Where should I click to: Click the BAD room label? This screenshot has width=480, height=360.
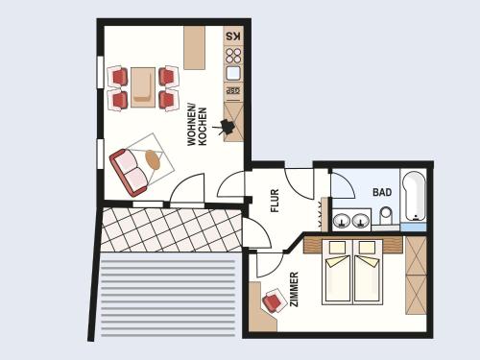point(382,192)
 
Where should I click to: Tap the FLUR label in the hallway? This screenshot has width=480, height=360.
point(275,201)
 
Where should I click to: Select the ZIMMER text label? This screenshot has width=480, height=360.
point(294,289)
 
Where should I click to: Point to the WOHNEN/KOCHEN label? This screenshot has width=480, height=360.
point(197,127)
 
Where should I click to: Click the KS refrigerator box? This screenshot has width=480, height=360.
point(233,36)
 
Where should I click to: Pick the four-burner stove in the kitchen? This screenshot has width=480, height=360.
point(233,56)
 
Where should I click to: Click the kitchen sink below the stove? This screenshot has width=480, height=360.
point(233,73)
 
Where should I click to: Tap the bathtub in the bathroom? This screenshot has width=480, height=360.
point(413,197)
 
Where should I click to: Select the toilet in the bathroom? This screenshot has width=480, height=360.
point(386,216)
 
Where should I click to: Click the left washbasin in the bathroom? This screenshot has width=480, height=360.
point(342,221)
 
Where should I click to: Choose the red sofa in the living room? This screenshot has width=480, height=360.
point(129,172)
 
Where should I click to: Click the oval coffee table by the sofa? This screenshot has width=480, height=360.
point(153,159)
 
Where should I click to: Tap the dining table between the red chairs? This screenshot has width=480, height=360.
point(143,87)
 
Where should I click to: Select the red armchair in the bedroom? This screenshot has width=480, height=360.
point(274,300)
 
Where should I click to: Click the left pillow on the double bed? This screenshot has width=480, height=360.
point(338,247)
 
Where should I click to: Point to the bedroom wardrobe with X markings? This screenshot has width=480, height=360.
point(416,276)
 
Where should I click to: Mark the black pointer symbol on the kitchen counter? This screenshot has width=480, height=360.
point(228,127)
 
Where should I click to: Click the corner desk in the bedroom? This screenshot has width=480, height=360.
point(261,307)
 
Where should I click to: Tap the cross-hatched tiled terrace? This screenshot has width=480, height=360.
point(171,229)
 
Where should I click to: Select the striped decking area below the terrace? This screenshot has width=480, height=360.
point(168,299)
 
